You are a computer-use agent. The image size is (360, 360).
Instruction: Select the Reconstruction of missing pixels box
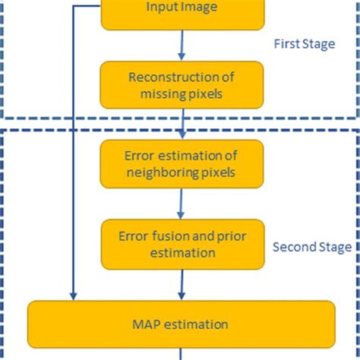[182, 85]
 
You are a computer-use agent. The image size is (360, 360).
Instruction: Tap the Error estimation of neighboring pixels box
[182, 164]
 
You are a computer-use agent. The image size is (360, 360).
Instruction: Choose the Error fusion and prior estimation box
[182, 244]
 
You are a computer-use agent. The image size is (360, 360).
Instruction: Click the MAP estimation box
[182, 324]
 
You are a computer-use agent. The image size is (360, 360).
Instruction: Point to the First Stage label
[304, 44]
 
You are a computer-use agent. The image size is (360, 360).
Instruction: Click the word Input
[159, 8]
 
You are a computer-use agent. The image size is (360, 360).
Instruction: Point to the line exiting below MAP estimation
[182, 354]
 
